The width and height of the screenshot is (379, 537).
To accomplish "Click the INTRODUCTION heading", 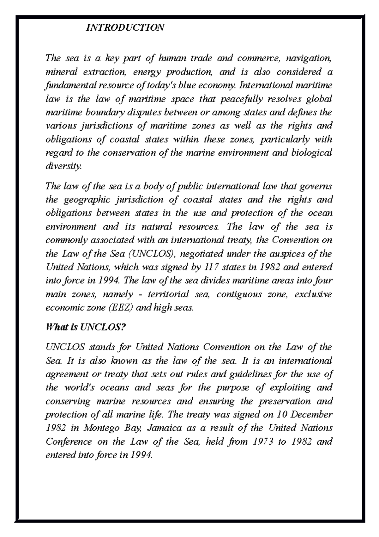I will tap(125, 28).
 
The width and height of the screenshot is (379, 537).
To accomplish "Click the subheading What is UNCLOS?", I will tap(86, 327).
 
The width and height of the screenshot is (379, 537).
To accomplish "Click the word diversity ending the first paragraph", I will tap(63, 166).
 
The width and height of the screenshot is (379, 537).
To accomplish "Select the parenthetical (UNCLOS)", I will tap(152, 254).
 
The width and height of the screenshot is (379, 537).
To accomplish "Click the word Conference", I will tap(69, 442).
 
